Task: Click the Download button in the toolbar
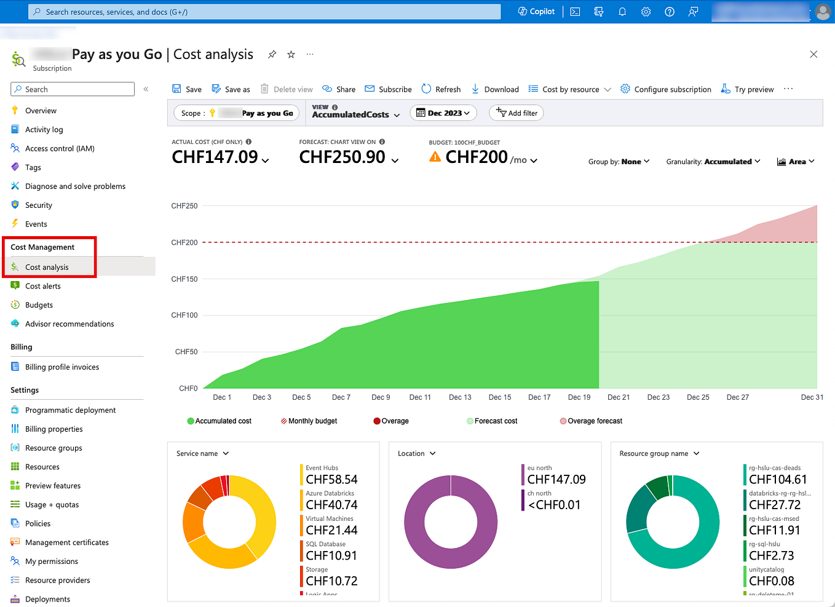pyautogui.click(x=495, y=89)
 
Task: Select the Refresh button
pyautogui.click(x=441, y=89)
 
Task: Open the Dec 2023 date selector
pyautogui.click(x=443, y=113)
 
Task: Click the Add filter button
pyautogui.click(x=516, y=113)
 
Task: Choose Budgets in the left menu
pyautogui.click(x=39, y=305)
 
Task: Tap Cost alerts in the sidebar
pyautogui.click(x=42, y=286)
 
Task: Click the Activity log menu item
pyautogui.click(x=44, y=130)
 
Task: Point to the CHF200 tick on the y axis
pyautogui.click(x=184, y=242)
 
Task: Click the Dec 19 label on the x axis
pyautogui.click(x=579, y=397)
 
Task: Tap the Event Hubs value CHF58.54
pyautogui.click(x=331, y=480)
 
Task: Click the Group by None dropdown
pyautogui.click(x=619, y=162)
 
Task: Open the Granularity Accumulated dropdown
pyautogui.click(x=713, y=162)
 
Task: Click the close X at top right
pyautogui.click(x=813, y=55)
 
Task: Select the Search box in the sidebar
pyautogui.click(x=73, y=89)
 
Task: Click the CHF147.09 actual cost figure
pyautogui.click(x=215, y=157)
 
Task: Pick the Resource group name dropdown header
pyautogui.click(x=659, y=454)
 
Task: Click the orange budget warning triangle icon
pyautogui.click(x=435, y=157)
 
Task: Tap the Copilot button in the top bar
pyautogui.click(x=536, y=12)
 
